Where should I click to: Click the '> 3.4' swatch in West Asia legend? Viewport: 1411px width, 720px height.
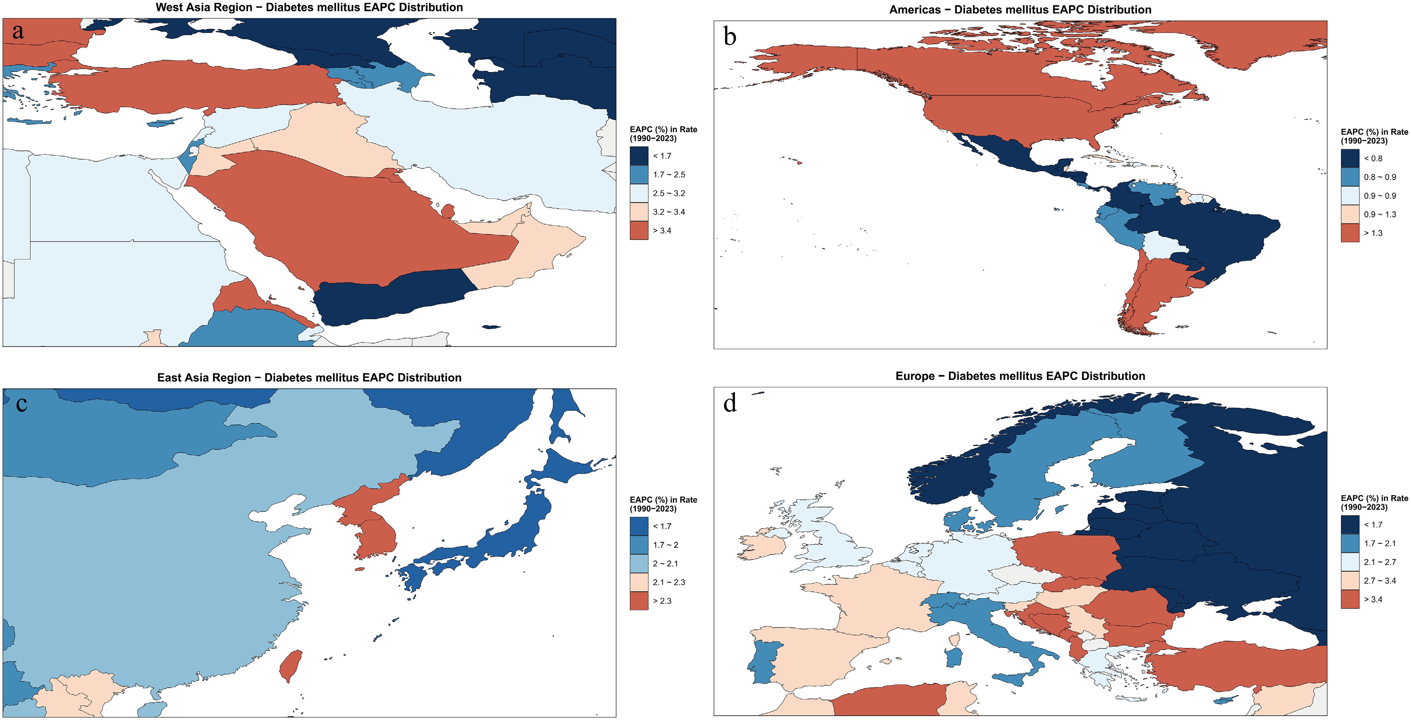coord(639,231)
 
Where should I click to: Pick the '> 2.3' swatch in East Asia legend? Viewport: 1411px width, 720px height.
coord(639,601)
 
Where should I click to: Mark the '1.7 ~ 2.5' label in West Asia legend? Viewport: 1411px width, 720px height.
coord(669,175)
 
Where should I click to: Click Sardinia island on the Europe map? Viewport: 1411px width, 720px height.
coord(954,657)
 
